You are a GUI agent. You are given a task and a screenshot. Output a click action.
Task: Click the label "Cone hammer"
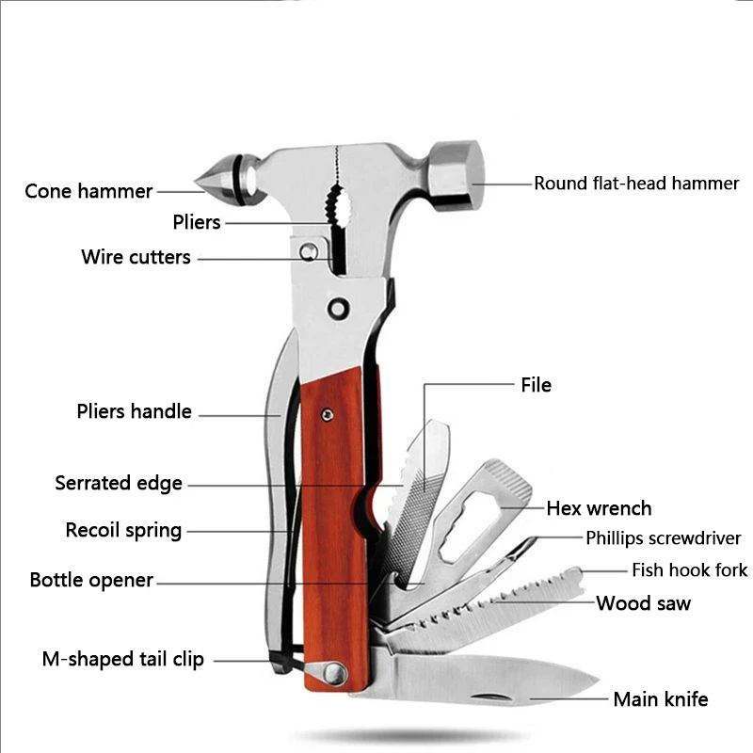pyautogui.click(x=88, y=191)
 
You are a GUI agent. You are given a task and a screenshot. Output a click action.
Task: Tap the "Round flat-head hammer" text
pyautogui.click(x=636, y=183)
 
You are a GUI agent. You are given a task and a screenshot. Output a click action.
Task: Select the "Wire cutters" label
pyautogui.click(x=136, y=257)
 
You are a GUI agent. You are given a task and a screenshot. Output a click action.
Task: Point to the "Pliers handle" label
pyautogui.click(x=134, y=411)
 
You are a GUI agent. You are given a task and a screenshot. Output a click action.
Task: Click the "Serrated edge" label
pyautogui.click(x=119, y=483)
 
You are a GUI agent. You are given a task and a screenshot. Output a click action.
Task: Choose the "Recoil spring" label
pyautogui.click(x=123, y=530)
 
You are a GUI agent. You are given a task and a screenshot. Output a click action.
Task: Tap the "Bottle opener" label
pyautogui.click(x=91, y=580)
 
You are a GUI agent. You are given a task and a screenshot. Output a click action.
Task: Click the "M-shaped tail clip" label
pyautogui.click(x=122, y=659)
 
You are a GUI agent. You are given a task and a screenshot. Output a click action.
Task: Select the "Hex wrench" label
pyautogui.click(x=599, y=508)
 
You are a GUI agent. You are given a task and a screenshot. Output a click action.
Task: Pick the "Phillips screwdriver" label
pyautogui.click(x=664, y=538)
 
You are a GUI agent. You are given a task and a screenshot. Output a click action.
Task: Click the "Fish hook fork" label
pyautogui.click(x=689, y=569)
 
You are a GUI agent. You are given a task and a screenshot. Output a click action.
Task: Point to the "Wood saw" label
pyautogui.click(x=643, y=602)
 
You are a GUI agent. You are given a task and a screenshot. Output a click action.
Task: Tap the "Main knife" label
pyautogui.click(x=660, y=698)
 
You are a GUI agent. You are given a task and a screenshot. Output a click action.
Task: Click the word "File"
pyautogui.click(x=536, y=384)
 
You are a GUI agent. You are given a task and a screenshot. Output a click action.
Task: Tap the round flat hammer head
pyautogui.click(x=457, y=175)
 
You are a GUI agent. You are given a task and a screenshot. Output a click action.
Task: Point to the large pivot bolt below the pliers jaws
pyautogui.click(x=336, y=308)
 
